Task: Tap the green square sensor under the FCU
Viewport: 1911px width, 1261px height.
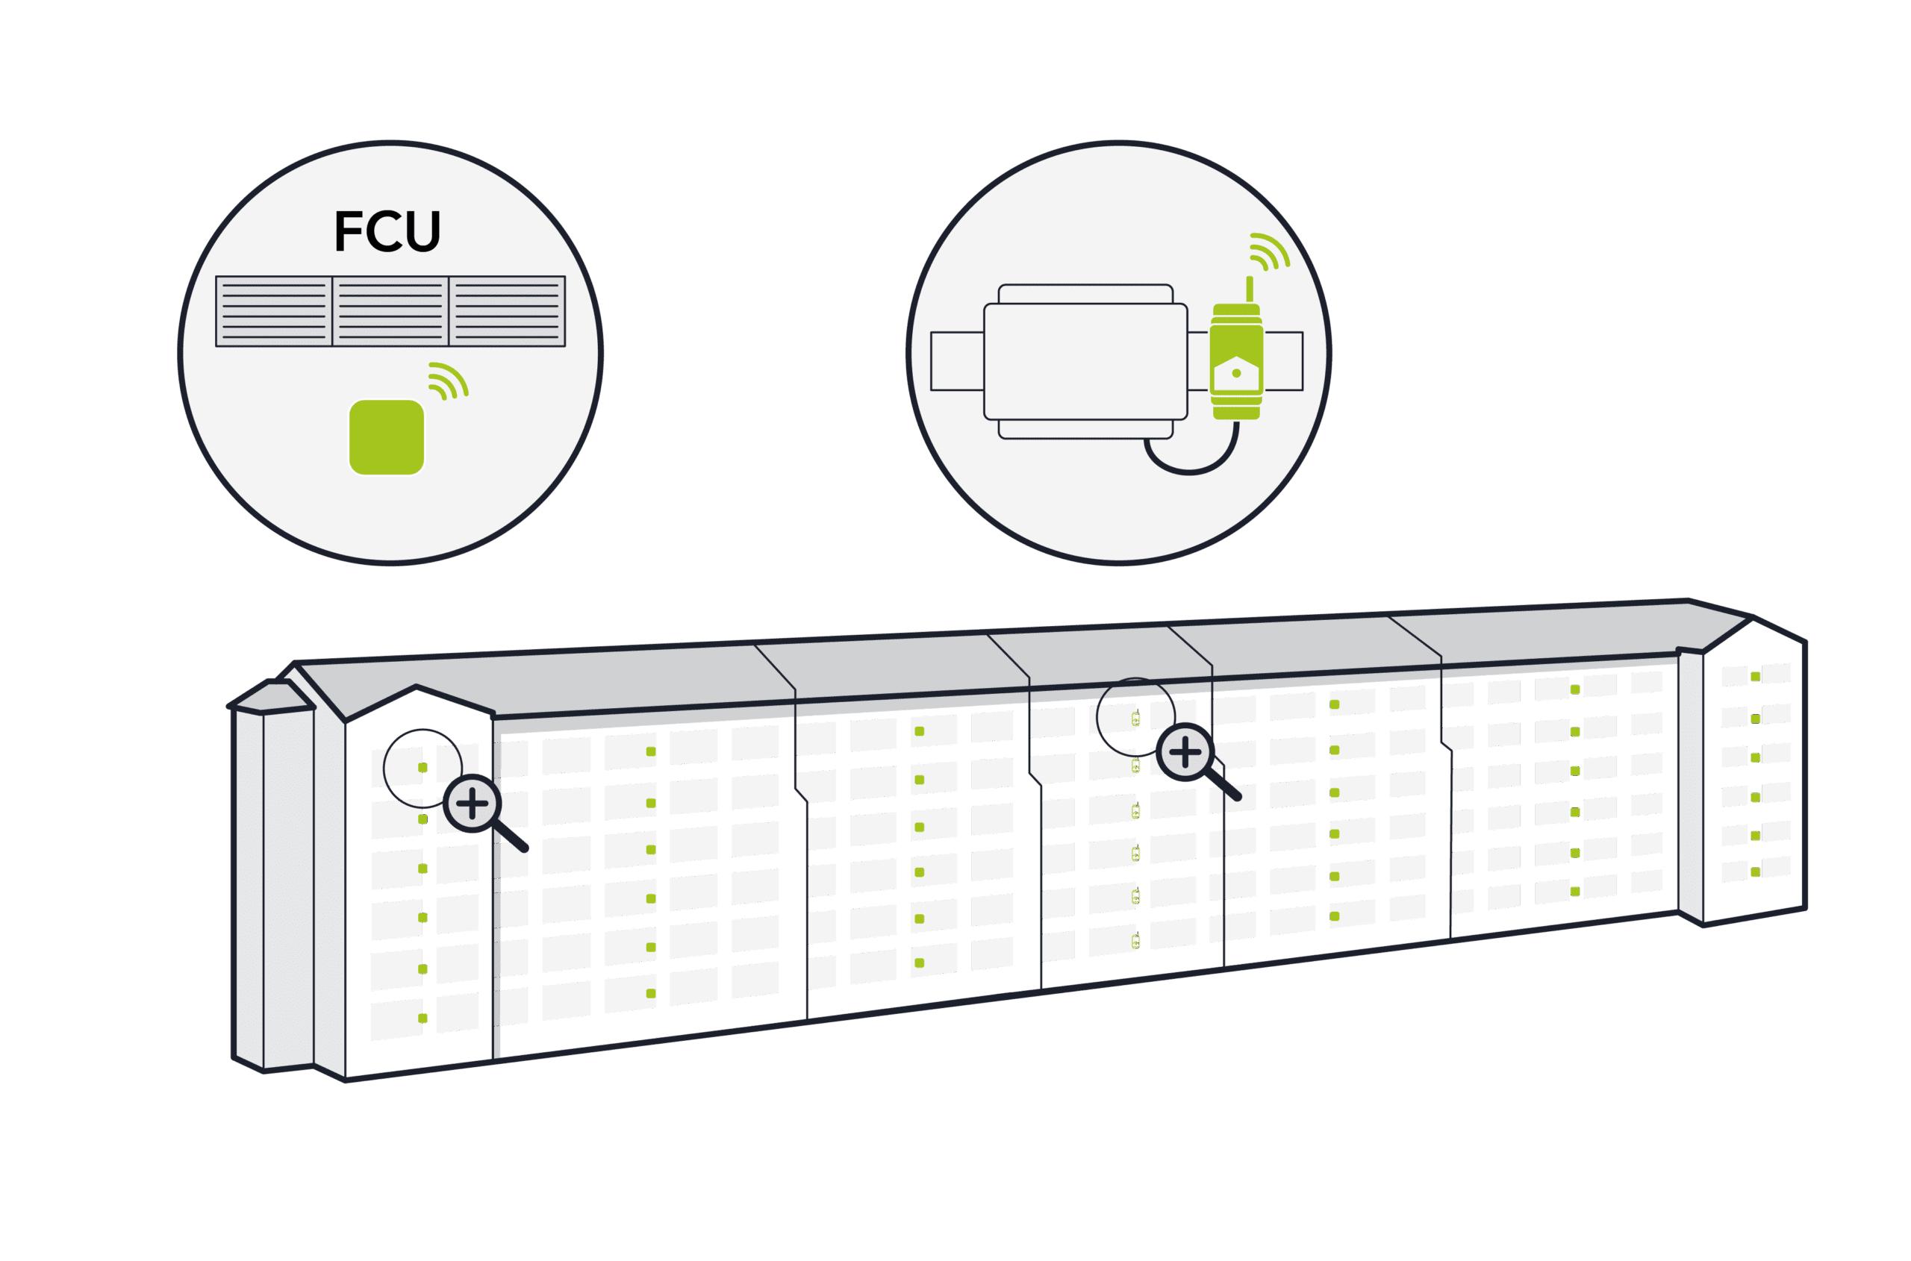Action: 386,436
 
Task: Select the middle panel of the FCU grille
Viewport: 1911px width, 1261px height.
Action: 390,311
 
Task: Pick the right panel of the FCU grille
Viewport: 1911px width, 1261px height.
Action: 507,311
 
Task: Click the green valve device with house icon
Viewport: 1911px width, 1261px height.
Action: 1236,362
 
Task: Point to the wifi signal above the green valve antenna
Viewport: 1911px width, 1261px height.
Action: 1270,250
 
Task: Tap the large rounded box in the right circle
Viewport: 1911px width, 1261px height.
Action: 1085,361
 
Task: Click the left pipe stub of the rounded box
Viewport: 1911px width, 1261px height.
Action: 957,361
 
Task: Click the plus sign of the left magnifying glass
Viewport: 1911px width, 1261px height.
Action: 473,802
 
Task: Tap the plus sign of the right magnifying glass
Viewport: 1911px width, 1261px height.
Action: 1185,752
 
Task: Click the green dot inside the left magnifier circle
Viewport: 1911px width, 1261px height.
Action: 423,767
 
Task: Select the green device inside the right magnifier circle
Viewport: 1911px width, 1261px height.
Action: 1135,718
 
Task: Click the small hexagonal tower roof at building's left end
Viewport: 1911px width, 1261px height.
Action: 271,696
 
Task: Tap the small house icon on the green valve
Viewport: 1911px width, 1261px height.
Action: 1236,372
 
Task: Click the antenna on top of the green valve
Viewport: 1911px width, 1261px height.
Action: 1249,290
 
